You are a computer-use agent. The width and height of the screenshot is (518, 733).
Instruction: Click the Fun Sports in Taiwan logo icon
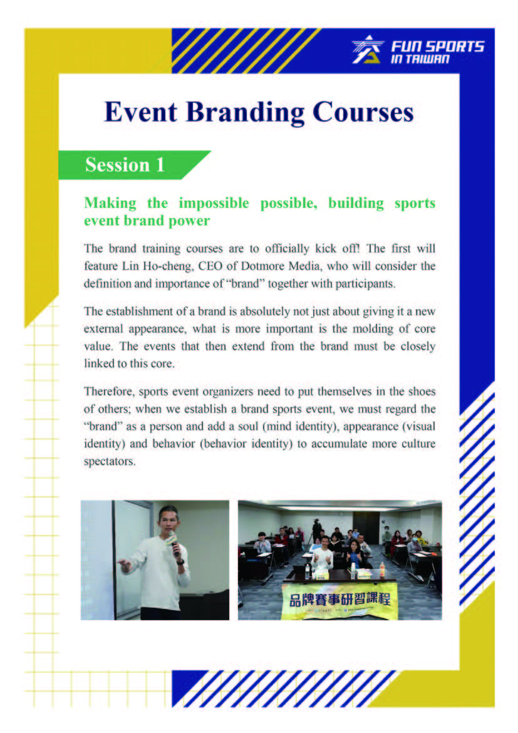pos(368,49)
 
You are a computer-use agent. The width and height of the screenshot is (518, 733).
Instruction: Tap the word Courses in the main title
pos(363,112)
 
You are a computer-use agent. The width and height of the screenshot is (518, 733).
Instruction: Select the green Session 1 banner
pos(134,165)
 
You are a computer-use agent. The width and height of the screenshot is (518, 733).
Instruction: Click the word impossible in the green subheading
pos(214,204)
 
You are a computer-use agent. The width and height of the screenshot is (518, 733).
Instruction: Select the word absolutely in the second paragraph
pos(265,311)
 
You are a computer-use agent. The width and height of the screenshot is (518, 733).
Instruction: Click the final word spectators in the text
pos(110,462)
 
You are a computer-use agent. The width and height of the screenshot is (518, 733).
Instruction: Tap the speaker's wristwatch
pos(180,562)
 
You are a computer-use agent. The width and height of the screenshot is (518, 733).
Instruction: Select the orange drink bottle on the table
pos(383,569)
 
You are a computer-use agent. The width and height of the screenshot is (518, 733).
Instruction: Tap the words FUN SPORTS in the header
pos(437,46)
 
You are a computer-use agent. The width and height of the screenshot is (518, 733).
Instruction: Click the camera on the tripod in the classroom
pos(316,522)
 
